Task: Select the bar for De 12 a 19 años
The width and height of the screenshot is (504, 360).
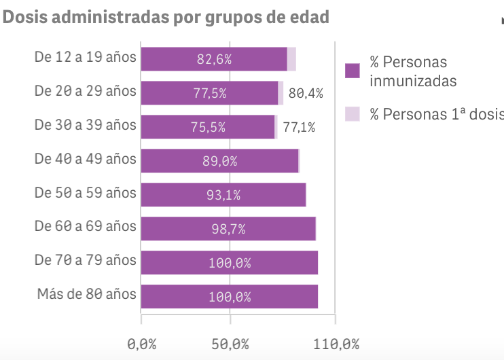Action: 214,59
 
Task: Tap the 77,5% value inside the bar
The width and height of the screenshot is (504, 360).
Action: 210,93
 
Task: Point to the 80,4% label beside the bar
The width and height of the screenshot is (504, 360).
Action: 306,93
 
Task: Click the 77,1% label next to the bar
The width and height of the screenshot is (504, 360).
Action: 299,127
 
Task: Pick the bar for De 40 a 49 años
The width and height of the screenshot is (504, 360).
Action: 219,161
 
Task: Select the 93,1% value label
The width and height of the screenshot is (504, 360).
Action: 223,195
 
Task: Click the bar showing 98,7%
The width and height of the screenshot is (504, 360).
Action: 228,229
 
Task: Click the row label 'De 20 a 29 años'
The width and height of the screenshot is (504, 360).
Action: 86,91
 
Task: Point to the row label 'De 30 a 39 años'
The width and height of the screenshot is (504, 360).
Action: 86,125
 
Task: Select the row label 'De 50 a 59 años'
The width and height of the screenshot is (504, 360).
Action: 86,193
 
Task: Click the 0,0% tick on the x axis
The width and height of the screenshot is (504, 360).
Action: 141,344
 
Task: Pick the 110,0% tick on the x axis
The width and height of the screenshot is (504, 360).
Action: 336,344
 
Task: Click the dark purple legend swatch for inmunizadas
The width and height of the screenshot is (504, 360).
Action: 352,71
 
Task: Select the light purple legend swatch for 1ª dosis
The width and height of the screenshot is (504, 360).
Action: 352,114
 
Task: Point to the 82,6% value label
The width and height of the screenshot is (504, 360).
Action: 214,59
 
